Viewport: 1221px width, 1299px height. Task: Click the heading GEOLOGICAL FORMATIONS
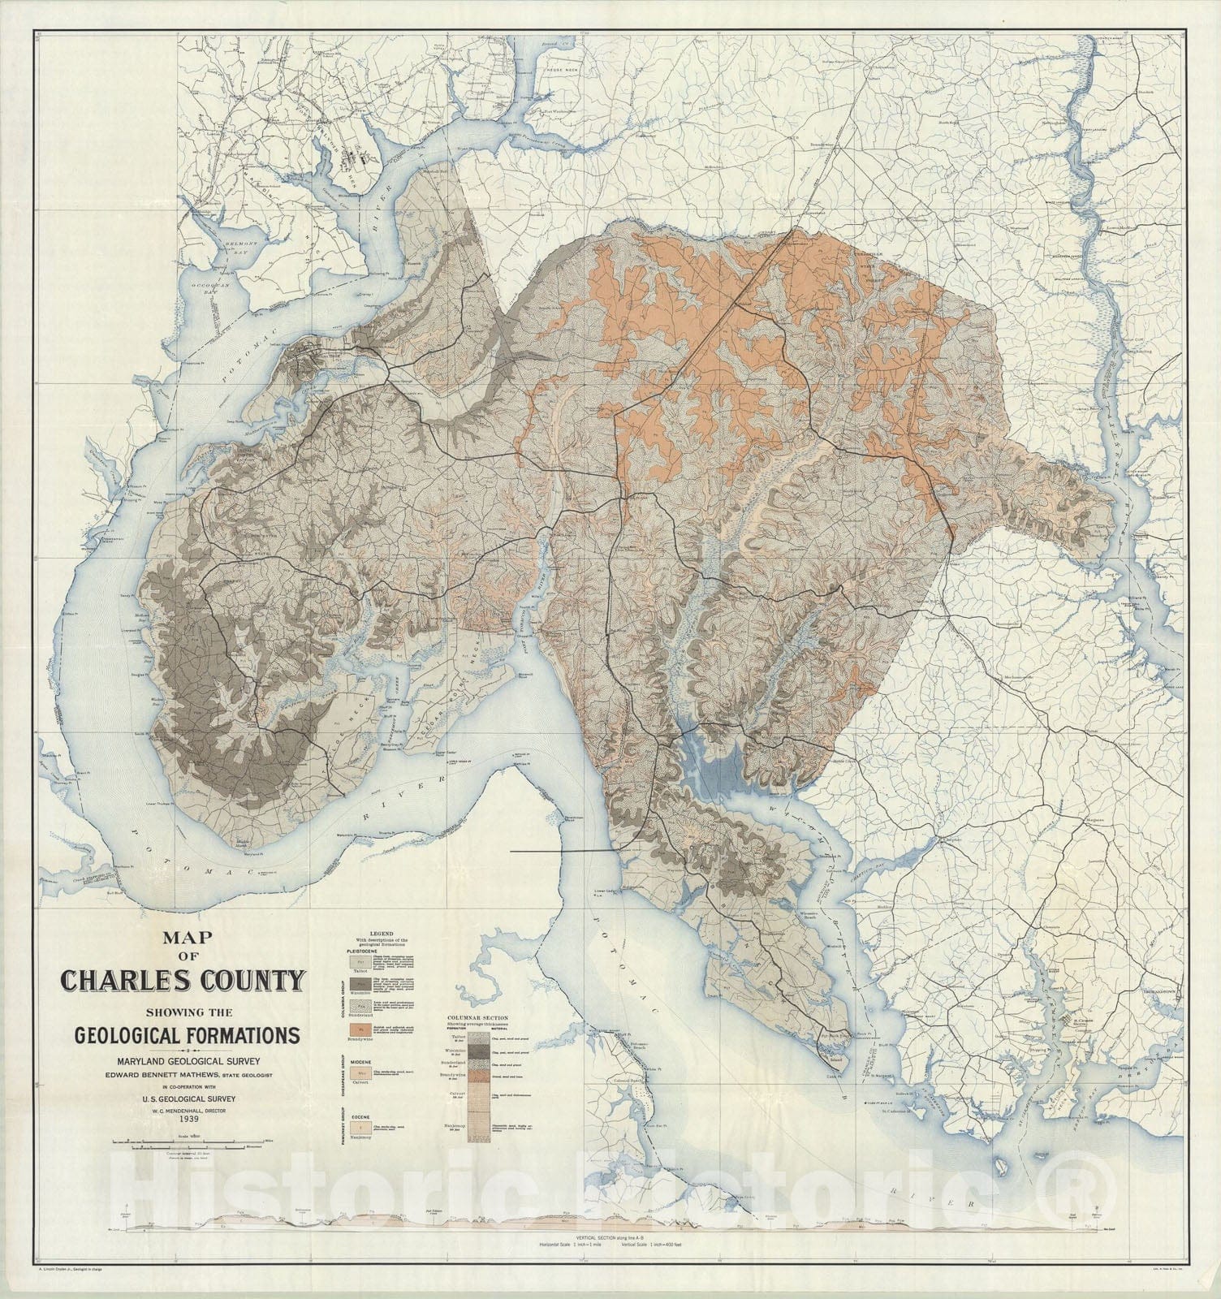tap(187, 1036)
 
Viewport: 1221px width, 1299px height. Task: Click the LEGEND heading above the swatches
tap(381, 934)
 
